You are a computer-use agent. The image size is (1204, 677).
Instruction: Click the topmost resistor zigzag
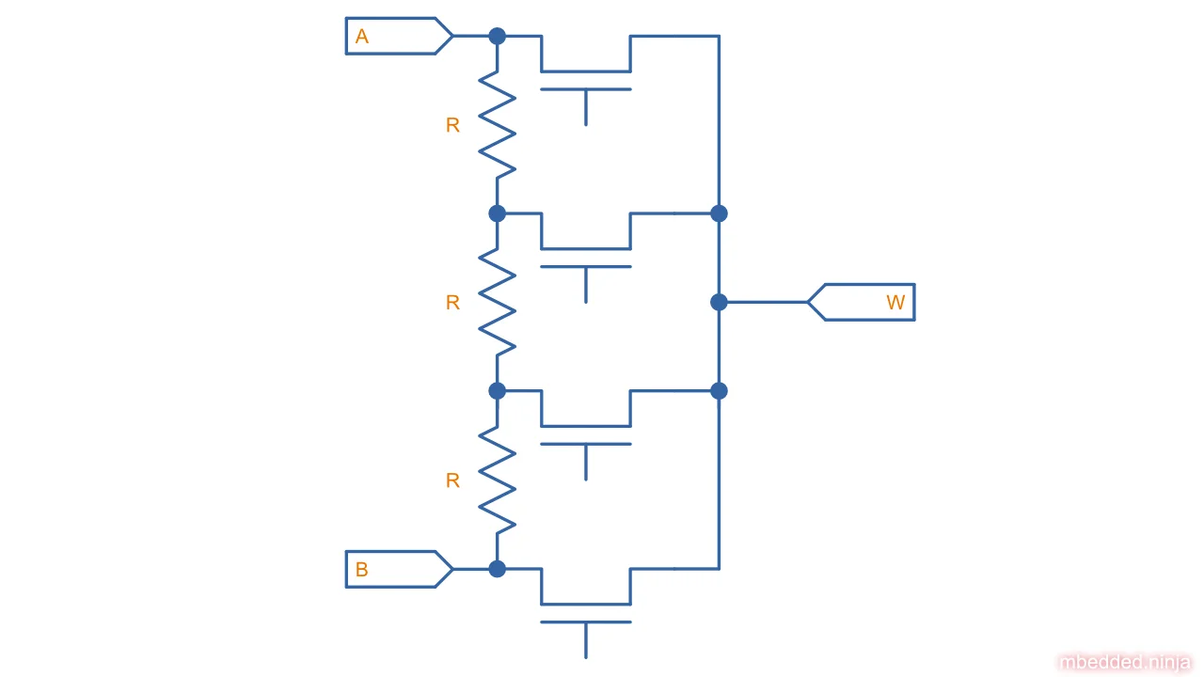coord(498,124)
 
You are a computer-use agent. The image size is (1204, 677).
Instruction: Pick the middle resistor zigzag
coord(498,302)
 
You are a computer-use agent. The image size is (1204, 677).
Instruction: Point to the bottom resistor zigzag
coord(498,480)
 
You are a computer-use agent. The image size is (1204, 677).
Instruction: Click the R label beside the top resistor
coord(452,125)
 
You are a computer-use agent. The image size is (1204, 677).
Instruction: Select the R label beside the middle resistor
coord(452,303)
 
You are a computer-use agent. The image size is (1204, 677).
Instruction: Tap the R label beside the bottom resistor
coord(452,480)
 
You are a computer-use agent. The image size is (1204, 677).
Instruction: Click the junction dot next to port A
coord(498,36)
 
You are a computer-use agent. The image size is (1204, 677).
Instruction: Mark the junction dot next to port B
coord(498,569)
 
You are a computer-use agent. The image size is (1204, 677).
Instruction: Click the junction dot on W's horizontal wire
coord(719,302)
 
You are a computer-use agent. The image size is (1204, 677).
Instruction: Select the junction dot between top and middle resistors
coord(498,213)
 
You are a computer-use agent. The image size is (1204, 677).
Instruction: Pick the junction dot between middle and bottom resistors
coord(498,390)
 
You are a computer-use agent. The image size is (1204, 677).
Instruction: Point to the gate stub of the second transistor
coord(586,284)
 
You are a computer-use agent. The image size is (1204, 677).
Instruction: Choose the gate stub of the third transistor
coord(586,462)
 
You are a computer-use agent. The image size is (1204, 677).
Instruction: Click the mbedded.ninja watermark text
coord(1125,663)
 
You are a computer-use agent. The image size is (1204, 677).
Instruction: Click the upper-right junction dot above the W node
coord(719,213)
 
